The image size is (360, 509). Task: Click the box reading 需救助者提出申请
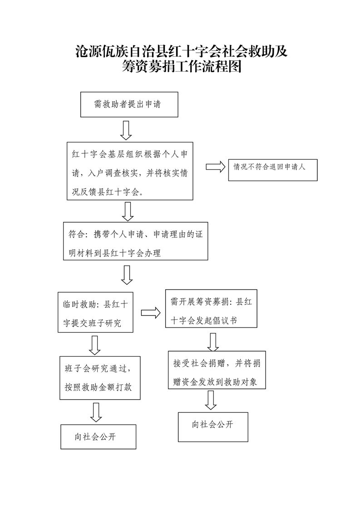click(x=129, y=104)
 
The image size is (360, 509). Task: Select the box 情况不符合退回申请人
click(x=273, y=170)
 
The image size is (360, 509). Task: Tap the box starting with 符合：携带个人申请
click(x=135, y=241)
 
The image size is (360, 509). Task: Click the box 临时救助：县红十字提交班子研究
click(x=95, y=312)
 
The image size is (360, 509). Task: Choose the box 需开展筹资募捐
click(x=211, y=308)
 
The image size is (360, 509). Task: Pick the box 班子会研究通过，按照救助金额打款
click(x=100, y=378)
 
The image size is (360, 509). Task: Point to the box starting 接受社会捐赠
click(x=217, y=370)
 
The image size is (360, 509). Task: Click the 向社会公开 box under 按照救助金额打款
click(x=99, y=436)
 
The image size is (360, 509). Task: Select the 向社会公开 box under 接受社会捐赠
click(x=213, y=427)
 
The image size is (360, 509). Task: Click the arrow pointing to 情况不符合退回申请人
click(x=216, y=166)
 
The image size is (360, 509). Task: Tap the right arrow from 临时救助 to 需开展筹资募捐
click(x=151, y=313)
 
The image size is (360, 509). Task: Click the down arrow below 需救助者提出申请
click(x=126, y=130)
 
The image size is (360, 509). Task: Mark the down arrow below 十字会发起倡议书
click(x=213, y=342)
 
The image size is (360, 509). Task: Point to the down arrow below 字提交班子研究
click(x=94, y=345)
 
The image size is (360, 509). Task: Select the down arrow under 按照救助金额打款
click(x=96, y=412)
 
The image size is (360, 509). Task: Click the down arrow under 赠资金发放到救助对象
click(x=211, y=400)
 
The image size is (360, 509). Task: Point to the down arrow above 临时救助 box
click(x=127, y=275)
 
